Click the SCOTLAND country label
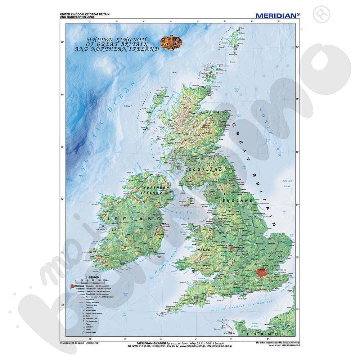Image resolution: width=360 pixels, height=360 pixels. click(x=206, y=169)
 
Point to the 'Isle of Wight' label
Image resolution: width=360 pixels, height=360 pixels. click(x=242, y=298)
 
